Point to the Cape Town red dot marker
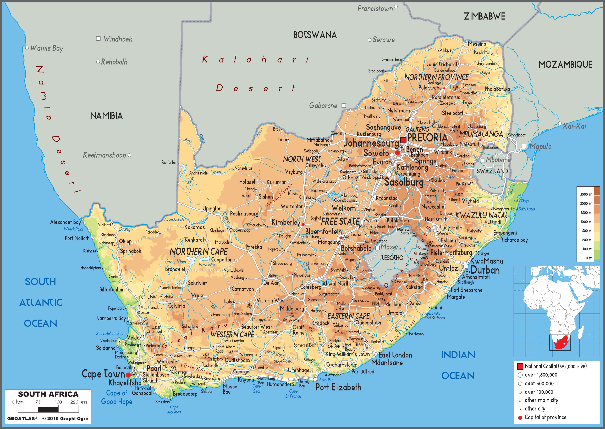pyautogui.click(x=128, y=375)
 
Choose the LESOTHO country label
pyautogui.click(x=392, y=258)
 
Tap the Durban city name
pyautogui.click(x=485, y=270)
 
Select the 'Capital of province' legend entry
pyautogui.click(x=545, y=417)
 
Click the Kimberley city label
pyautogui.click(x=286, y=223)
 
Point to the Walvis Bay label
pyautogui.click(x=47, y=48)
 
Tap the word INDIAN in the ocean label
pyautogui.click(x=458, y=355)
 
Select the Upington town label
pyautogui.click(x=212, y=208)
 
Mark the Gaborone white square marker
pyautogui.click(x=344, y=105)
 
